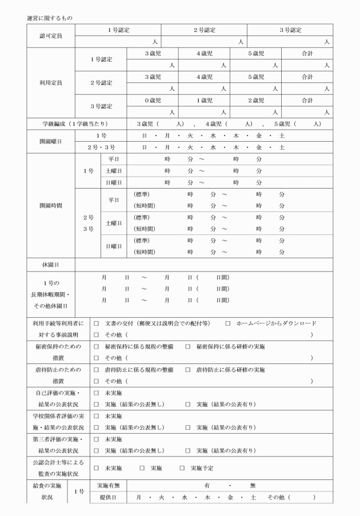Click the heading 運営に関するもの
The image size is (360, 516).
49,18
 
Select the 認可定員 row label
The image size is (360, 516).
51,35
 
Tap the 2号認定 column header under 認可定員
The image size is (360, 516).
204,30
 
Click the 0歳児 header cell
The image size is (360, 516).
153,100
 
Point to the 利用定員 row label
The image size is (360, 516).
51,82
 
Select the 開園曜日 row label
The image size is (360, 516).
51,141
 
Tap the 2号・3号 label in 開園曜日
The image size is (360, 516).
101,147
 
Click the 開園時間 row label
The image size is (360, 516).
51,205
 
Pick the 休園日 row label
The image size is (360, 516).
51,265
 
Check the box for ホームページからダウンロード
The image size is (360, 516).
227,323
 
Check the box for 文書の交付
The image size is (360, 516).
97,323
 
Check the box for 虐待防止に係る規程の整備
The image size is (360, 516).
97,370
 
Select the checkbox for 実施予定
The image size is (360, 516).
182,468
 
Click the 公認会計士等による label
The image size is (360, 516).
55,462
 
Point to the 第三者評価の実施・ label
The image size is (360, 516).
55,439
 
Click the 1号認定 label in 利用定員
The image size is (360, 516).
101,59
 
